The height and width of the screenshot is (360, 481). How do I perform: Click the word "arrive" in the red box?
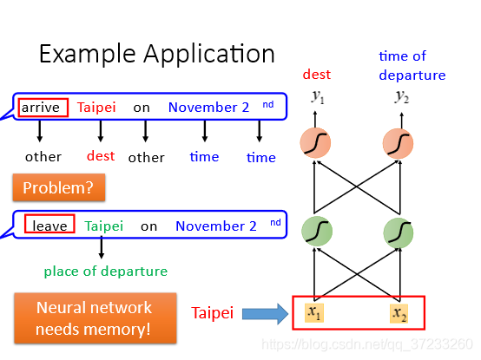point(41,108)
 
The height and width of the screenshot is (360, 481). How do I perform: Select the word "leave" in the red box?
point(49,226)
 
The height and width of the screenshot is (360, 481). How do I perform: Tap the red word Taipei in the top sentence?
point(96,108)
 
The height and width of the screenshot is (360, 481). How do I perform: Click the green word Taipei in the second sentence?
point(103,226)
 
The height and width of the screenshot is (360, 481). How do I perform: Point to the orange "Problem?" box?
point(59,187)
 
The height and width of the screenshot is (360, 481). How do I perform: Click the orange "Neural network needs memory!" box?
point(96,318)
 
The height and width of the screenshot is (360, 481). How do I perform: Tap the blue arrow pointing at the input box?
point(265,314)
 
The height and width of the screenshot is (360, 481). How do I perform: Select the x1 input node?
point(314,313)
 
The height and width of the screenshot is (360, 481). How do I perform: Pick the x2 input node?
point(399,313)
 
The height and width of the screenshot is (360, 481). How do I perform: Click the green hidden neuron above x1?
point(317,232)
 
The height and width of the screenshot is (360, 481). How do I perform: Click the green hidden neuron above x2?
point(399,232)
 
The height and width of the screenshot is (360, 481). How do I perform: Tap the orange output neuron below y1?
point(315,143)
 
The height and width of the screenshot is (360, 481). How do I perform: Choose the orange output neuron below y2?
point(398,143)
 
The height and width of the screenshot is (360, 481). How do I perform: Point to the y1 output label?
point(318,97)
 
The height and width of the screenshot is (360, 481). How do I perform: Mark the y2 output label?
point(401,97)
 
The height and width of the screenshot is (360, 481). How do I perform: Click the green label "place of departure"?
point(106,272)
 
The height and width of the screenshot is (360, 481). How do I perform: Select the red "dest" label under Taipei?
point(101,156)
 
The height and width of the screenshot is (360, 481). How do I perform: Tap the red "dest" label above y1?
point(317,75)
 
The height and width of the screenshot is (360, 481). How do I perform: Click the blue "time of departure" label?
point(412,66)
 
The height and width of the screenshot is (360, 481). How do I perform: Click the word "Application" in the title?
point(209,55)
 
